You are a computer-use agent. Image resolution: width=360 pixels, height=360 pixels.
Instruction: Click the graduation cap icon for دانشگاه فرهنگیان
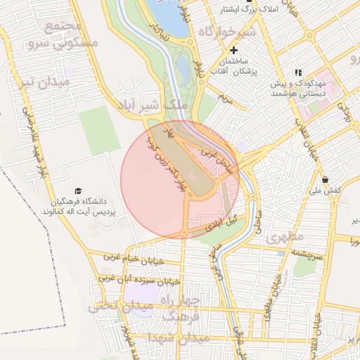(78, 191)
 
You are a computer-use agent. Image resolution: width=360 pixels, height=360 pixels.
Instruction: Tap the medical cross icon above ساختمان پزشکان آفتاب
(233, 51)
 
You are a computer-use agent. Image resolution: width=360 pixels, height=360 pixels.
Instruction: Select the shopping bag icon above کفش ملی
(324, 179)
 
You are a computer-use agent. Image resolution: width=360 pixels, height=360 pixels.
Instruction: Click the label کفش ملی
(326, 191)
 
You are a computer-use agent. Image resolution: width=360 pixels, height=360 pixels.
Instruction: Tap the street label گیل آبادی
(220, 224)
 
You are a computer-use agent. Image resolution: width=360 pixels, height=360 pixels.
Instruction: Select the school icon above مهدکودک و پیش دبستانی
(298, 72)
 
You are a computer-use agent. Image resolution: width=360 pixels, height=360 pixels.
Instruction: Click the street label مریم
(224, 98)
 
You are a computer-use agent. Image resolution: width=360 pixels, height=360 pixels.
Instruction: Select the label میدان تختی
(120, 307)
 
